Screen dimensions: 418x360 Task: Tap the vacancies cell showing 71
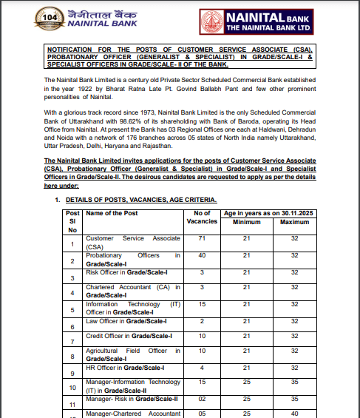[201, 239]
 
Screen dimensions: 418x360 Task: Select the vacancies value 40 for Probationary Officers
[201, 255]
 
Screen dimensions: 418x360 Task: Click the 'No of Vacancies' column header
[201, 218]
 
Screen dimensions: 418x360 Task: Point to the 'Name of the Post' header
[112, 214]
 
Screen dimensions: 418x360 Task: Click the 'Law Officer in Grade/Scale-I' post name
[126, 320]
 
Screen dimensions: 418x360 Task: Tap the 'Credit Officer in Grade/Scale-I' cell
[129, 337]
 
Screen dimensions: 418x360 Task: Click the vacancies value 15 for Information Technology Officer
[201, 304]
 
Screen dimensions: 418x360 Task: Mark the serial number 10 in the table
[72, 386]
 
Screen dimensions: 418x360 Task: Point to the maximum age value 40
[294, 414]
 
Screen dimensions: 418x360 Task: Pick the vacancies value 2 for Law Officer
[201, 320]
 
